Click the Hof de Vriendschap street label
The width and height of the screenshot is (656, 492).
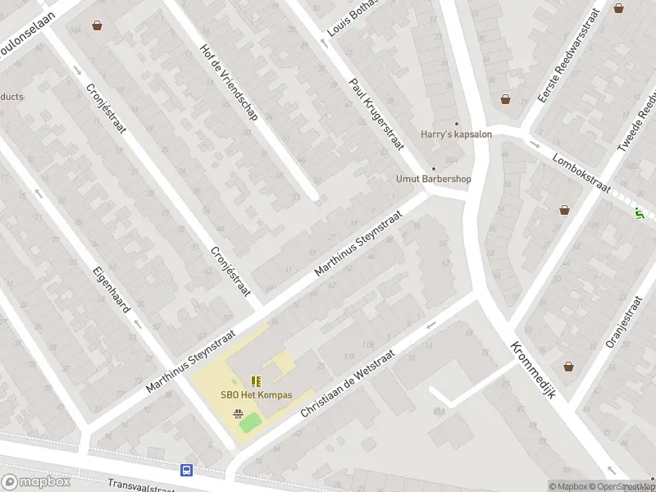click(229, 82)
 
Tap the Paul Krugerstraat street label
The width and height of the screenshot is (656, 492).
click(377, 114)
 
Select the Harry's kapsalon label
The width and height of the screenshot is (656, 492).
click(456, 134)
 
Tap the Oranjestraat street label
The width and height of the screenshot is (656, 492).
click(622, 323)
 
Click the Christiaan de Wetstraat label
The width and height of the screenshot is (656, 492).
click(348, 384)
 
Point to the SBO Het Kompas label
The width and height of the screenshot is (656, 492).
click(256, 394)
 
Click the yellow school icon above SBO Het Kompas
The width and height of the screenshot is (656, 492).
click(256, 381)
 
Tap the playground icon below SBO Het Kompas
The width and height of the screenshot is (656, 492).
click(238, 413)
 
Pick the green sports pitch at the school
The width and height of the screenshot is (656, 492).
click(250, 423)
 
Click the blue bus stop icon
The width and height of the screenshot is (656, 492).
click(188, 470)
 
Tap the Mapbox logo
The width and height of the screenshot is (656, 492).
click(35, 481)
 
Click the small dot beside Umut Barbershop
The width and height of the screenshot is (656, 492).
click(435, 169)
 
